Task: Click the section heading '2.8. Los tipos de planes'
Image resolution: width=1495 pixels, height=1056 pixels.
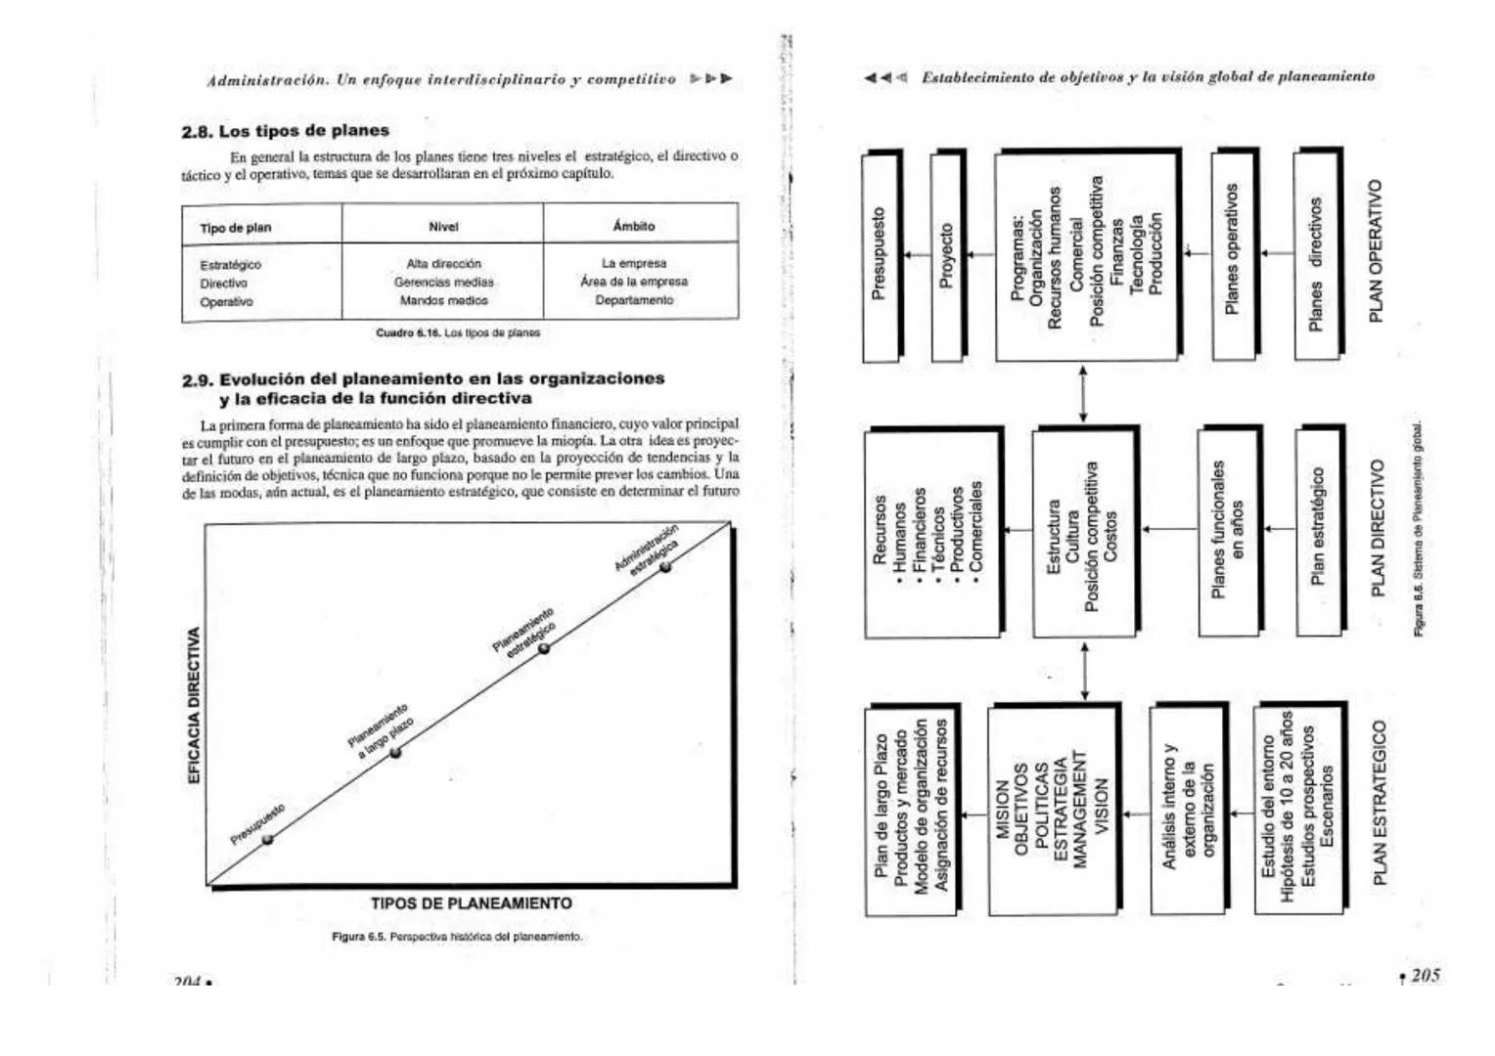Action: pyautogui.click(x=285, y=131)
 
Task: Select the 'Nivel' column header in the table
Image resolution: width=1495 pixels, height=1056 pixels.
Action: pyautogui.click(x=443, y=227)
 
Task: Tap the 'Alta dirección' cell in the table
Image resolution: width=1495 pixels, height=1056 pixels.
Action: pyautogui.click(x=443, y=264)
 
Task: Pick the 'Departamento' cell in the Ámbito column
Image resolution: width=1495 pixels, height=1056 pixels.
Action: pyautogui.click(x=634, y=300)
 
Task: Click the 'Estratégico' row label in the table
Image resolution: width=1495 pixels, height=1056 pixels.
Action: pyautogui.click(x=231, y=265)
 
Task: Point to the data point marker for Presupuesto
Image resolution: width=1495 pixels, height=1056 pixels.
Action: pyautogui.click(x=268, y=838)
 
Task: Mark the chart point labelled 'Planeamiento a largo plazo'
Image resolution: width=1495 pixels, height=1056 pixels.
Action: pyautogui.click(x=395, y=753)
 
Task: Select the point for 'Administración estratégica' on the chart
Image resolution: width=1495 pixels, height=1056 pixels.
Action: pyautogui.click(x=665, y=567)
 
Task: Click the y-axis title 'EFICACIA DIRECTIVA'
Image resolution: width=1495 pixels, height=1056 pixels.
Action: pyautogui.click(x=194, y=704)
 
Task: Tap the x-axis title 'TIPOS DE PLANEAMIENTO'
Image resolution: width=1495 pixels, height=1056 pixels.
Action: pyautogui.click(x=472, y=903)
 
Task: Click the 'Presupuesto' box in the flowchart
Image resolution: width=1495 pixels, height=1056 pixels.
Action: pyautogui.click(x=880, y=254)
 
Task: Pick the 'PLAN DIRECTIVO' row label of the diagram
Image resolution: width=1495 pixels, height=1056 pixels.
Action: pyautogui.click(x=1379, y=528)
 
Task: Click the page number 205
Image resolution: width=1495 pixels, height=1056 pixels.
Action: pyautogui.click(x=1425, y=975)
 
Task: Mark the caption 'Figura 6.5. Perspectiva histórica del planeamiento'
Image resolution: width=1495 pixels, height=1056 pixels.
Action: pyautogui.click(x=457, y=937)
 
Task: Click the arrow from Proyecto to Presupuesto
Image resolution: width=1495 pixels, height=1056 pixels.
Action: pyautogui.click(x=917, y=255)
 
